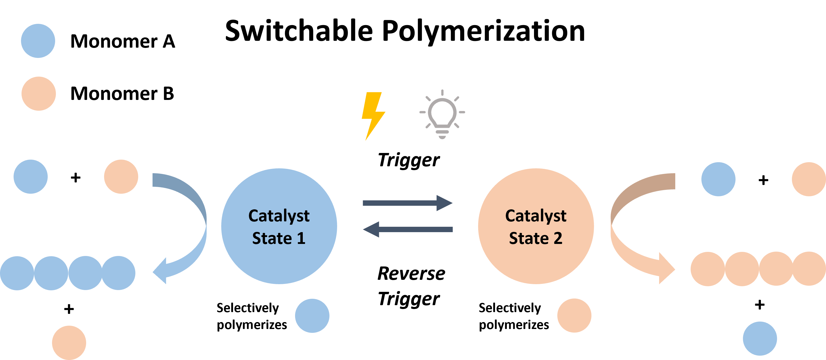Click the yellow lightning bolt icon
point(373,115)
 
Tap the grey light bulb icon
point(442,114)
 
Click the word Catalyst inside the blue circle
point(279,216)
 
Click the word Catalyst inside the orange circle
point(536,216)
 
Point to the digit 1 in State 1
point(300,238)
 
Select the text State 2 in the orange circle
point(536,238)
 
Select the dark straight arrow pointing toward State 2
point(407,203)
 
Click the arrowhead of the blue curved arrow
point(160,271)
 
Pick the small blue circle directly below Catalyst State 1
point(312,316)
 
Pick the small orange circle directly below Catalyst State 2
point(574,315)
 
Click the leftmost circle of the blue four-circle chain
point(17,273)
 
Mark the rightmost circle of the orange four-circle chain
point(809,269)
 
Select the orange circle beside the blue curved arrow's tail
point(121,177)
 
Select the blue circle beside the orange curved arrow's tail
point(718,179)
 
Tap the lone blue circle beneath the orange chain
point(760,338)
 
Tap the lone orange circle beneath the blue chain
point(69,342)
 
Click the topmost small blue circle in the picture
point(38,41)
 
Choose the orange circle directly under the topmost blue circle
point(38,94)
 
